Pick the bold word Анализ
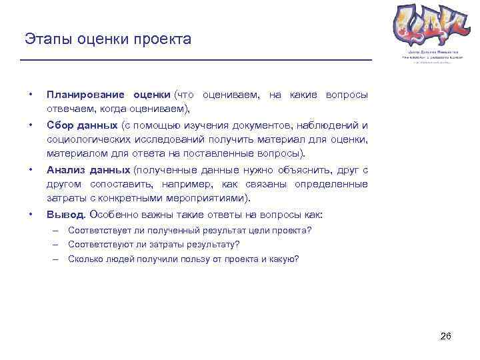[66, 170]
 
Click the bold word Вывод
[65, 215]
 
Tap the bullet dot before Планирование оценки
[30, 95]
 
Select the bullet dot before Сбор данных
[30, 125]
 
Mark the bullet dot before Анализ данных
[30, 170]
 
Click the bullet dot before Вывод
[30, 215]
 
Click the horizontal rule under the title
[196, 61]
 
